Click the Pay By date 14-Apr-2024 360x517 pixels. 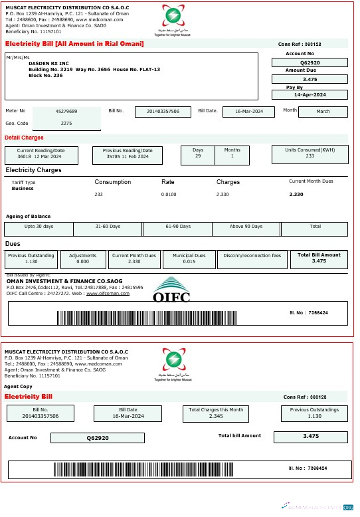pyautogui.click(x=310, y=95)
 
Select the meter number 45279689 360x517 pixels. pyautogui.click(x=66, y=111)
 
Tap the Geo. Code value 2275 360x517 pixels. pyautogui.click(x=66, y=124)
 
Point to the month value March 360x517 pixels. pyautogui.click(x=323, y=111)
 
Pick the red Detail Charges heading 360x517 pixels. pyautogui.click(x=24, y=138)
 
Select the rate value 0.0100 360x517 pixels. pyautogui.click(x=169, y=194)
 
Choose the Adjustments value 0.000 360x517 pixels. pyautogui.click(x=82, y=262)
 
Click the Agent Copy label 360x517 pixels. pyautogui.click(x=18, y=386)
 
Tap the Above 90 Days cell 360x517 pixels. pyautogui.click(x=245, y=227)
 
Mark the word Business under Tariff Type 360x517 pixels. pyautogui.click(x=23, y=189)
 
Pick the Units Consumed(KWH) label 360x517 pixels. pyautogui.click(x=310, y=150)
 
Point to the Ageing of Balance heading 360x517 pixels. pyautogui.click(x=28, y=216)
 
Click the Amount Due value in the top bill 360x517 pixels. pyautogui.click(x=310, y=79)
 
